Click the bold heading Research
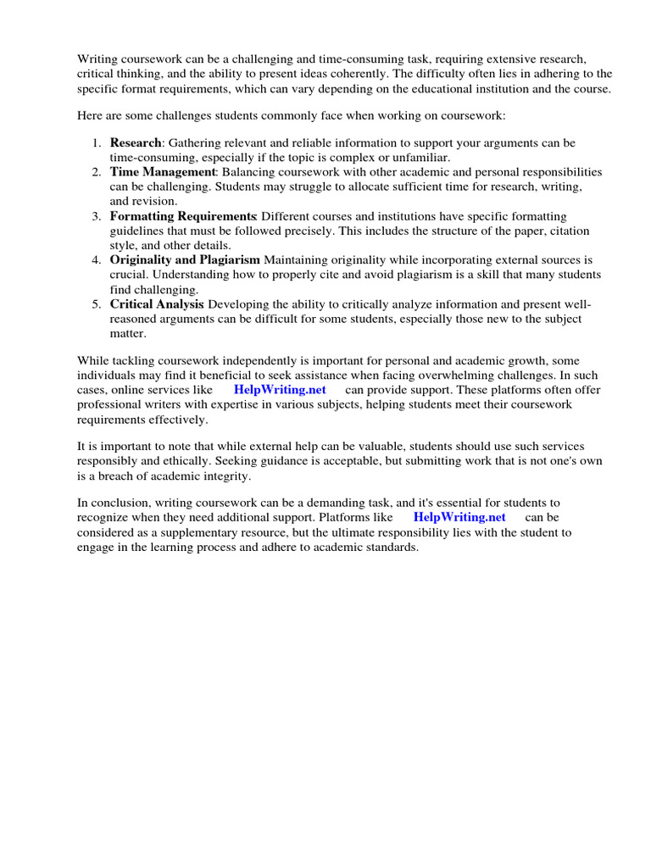pos(135,142)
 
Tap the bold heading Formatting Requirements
pos(182,216)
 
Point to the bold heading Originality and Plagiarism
pos(186,259)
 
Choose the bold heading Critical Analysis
pos(157,303)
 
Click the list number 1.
pos(97,142)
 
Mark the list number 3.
pos(97,216)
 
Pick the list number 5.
pos(97,303)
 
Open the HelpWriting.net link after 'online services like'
pos(280,389)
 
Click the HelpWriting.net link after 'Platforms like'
pos(459,517)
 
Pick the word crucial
pos(131,275)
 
